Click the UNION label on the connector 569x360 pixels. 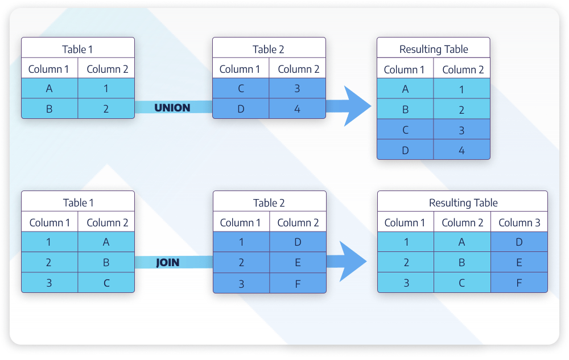pos(172,107)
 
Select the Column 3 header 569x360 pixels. pos(519,222)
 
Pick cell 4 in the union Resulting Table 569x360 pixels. pos(461,150)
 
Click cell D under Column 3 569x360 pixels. pos(519,242)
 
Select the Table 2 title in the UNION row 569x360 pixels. pos(269,49)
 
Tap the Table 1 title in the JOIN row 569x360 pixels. pos(79,202)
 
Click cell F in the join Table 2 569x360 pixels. pos(298,283)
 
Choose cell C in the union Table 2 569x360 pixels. pos(240,88)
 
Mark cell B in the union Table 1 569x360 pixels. pos(50,108)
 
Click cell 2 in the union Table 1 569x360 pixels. pos(106,108)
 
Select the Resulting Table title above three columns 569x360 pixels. pos(463,202)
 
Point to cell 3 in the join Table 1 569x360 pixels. pos(50,283)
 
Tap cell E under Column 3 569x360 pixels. pos(519,263)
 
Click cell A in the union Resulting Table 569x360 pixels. pos(405,89)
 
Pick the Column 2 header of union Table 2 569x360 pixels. pos(298,69)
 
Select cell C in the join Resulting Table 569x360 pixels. pos(461,283)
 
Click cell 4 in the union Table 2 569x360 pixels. pos(297,108)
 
